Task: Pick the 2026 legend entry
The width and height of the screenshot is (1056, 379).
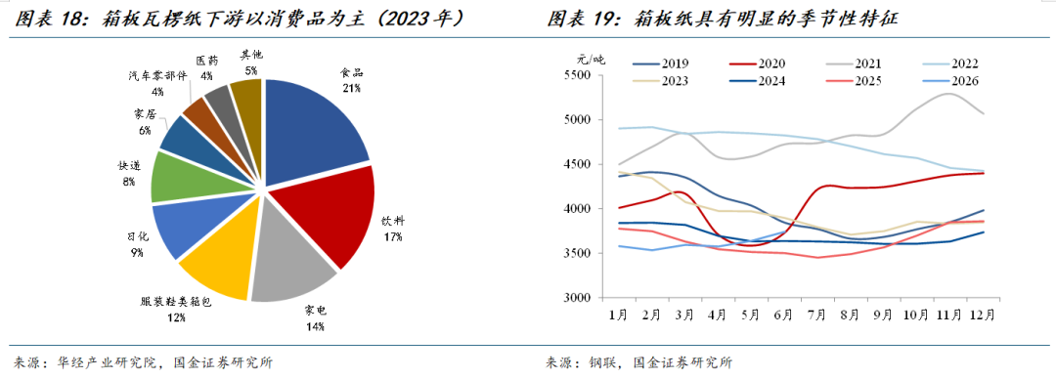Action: tap(951, 81)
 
